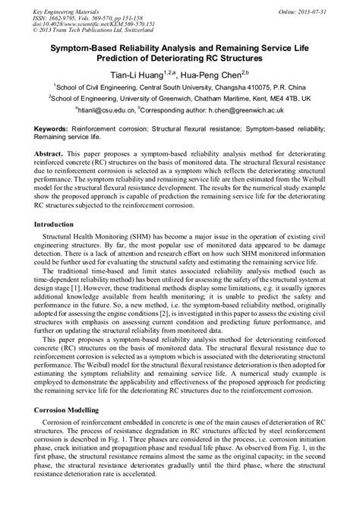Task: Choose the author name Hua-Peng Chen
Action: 217,73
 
